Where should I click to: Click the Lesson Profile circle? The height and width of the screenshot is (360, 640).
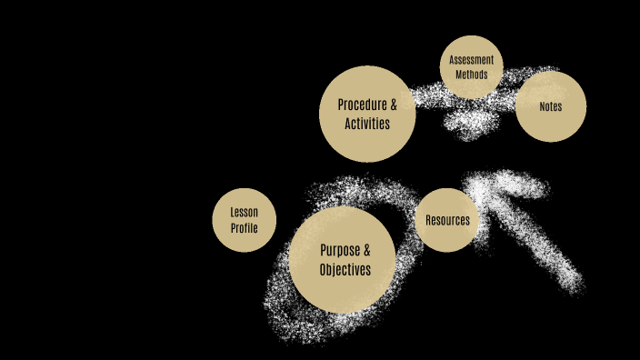[x=244, y=220]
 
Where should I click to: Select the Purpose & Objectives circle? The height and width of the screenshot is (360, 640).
[x=345, y=260]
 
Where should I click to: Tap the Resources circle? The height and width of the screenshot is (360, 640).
[x=447, y=220]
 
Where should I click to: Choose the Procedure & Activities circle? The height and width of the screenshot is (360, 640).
[x=367, y=114]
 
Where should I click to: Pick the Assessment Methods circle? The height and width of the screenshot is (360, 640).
[x=471, y=67]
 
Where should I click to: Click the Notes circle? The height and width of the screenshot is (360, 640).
[x=550, y=106]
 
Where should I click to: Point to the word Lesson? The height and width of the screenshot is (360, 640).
[x=244, y=213]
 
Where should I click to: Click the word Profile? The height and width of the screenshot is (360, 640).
[x=244, y=228]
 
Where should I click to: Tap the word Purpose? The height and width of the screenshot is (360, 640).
[x=339, y=250]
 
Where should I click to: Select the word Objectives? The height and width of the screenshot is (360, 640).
[x=345, y=270]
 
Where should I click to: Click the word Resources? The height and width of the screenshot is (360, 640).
[x=447, y=220]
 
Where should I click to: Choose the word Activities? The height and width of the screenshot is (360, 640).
[x=367, y=124]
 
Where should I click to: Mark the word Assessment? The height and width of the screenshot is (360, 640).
[x=471, y=61]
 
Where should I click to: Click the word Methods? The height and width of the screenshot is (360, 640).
[x=471, y=75]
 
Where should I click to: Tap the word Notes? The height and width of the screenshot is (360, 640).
[x=550, y=106]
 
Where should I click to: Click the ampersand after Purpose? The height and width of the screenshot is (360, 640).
[x=366, y=250]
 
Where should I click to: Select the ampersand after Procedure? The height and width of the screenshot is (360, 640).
[x=393, y=105]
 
